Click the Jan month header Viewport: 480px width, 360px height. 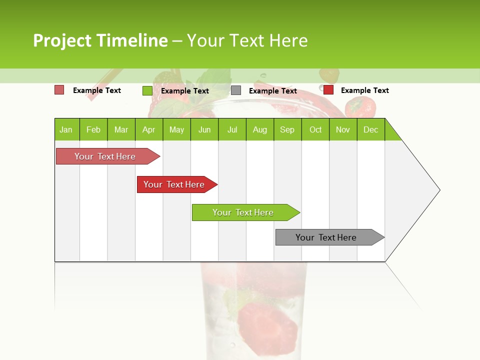click(x=66, y=129)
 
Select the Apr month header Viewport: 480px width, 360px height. click(x=148, y=129)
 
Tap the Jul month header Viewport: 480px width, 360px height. click(x=232, y=129)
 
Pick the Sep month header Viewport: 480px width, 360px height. click(x=287, y=129)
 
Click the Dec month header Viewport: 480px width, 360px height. click(x=370, y=129)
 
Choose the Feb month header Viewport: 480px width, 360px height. click(x=93, y=129)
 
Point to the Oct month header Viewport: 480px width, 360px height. click(x=315, y=129)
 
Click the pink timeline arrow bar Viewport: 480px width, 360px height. click(x=105, y=156)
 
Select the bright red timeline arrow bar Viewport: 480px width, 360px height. click(x=174, y=184)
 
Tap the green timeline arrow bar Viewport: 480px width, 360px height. click(x=243, y=212)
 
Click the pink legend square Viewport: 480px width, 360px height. click(x=59, y=90)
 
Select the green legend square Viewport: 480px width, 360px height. click(x=147, y=90)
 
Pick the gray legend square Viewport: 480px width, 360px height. click(x=236, y=90)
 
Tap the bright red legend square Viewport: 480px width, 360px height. click(x=328, y=90)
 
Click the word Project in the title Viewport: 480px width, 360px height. click(x=62, y=40)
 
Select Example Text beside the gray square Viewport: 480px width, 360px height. click(x=272, y=91)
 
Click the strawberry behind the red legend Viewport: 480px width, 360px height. click(x=361, y=106)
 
